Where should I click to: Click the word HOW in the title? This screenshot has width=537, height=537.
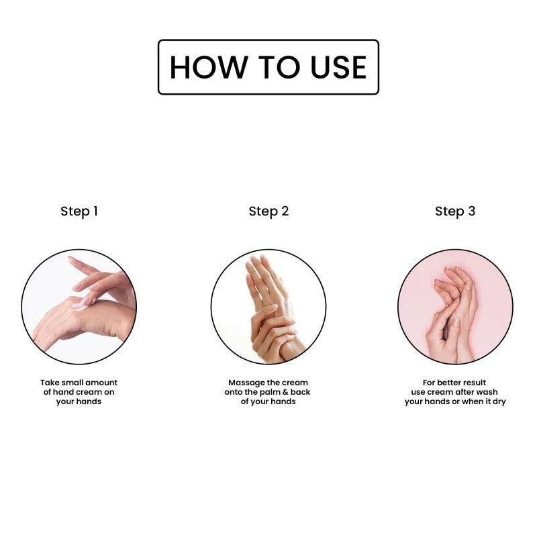click(209, 67)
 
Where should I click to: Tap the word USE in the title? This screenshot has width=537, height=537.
click(338, 67)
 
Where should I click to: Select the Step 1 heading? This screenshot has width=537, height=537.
click(79, 211)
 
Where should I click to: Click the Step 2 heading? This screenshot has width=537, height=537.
click(269, 211)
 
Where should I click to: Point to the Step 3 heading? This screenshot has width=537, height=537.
click(455, 211)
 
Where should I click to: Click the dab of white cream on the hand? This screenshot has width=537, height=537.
click(79, 306)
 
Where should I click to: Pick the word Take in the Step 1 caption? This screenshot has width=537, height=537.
click(50, 383)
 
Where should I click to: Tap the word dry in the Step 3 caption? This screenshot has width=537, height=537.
click(499, 402)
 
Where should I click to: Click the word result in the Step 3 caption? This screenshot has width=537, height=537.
click(473, 383)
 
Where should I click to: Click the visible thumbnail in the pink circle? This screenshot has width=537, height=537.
click(456, 322)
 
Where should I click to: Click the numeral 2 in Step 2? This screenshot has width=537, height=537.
click(285, 211)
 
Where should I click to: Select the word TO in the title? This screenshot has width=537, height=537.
click(279, 67)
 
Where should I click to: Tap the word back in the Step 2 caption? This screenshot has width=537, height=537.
click(300, 392)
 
